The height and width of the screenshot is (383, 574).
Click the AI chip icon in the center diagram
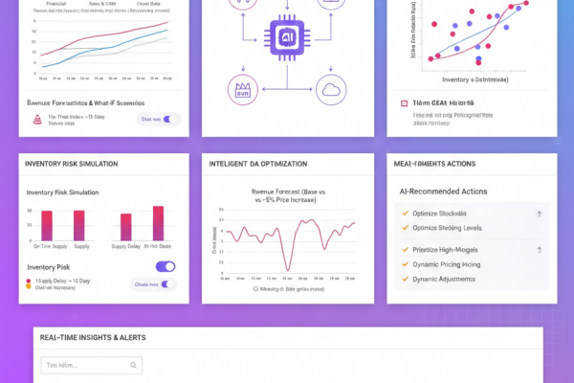(286, 34)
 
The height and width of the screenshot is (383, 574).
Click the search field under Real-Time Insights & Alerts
(90, 365)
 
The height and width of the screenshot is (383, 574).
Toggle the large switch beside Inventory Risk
(165, 267)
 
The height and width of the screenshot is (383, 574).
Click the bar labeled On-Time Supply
(45, 225)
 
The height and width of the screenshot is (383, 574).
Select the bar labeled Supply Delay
(124, 225)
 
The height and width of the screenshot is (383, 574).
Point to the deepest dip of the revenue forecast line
(286, 266)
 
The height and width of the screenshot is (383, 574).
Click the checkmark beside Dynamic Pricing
(406, 263)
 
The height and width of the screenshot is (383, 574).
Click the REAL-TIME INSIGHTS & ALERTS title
(94, 338)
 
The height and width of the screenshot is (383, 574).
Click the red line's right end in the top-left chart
(169, 23)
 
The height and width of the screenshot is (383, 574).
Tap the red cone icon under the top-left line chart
(38, 120)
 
